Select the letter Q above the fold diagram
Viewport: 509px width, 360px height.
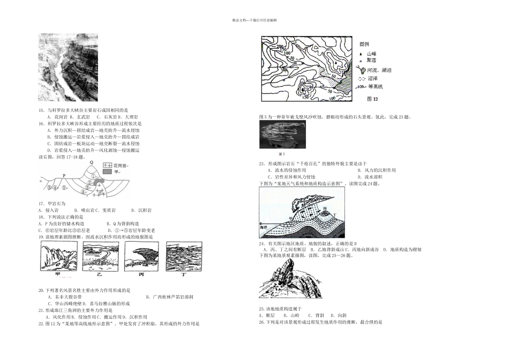91,162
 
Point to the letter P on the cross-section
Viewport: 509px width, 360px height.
64,175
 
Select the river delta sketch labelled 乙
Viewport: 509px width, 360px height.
100,256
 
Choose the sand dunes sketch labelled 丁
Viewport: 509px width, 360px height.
184,256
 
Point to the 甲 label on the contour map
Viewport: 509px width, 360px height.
286,70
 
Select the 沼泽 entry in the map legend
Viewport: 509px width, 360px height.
371,78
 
